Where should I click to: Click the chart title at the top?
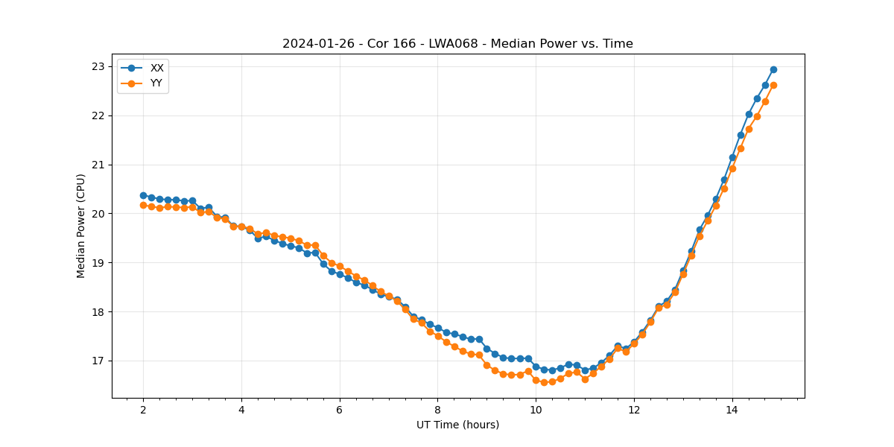tap(457, 44)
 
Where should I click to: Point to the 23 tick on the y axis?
tap(98, 66)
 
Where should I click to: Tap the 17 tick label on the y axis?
tap(98, 361)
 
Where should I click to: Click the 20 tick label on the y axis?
tap(98, 214)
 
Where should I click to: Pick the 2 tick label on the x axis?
tap(143, 410)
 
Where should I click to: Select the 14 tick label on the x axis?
tap(732, 410)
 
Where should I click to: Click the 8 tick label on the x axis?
tap(437, 410)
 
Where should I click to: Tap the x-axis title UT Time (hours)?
tap(457, 425)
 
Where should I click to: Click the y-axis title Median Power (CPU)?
tap(81, 226)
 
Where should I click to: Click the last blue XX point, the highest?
tap(773, 69)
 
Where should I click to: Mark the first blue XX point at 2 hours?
tap(143, 195)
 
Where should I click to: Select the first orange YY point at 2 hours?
tap(143, 205)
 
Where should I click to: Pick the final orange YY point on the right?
tap(773, 85)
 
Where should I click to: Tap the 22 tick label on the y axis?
tap(98, 115)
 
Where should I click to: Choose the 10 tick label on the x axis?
tap(536, 410)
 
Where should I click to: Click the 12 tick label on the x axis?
tap(634, 410)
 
